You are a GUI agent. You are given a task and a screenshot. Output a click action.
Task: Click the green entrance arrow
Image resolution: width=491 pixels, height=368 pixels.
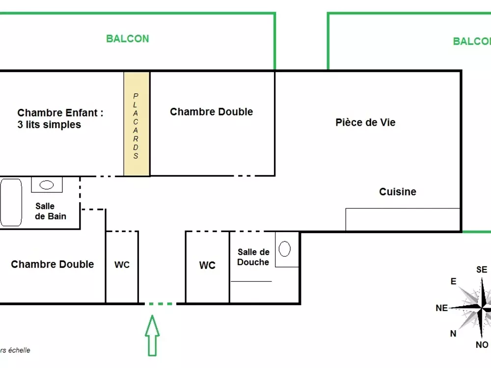point(152,335)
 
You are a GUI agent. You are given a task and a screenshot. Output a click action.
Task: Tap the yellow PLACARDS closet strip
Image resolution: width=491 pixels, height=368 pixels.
point(136,124)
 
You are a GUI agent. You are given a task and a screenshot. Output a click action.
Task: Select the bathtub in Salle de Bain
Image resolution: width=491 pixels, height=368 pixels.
point(11,202)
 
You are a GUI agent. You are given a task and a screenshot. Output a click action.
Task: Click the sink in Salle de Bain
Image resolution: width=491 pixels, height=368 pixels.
point(47,185)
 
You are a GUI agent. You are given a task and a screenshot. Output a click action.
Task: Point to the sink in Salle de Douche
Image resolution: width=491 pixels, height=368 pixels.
point(285,249)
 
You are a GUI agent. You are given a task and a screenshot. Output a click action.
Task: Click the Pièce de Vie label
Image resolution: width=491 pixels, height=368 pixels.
point(365,122)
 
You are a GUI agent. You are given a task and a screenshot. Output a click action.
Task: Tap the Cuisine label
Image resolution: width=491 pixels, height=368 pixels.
point(398,191)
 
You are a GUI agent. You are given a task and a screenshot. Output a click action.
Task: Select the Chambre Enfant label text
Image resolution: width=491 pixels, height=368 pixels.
point(60,119)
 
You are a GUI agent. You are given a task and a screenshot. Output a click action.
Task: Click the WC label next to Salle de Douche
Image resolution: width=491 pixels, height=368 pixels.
point(207,265)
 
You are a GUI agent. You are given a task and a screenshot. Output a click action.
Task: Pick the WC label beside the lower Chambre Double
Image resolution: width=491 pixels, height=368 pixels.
point(122,265)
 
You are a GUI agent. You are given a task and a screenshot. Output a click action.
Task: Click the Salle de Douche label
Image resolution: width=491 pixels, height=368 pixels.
point(253,257)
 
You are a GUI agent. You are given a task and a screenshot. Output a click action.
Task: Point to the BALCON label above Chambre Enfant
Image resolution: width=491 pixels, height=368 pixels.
point(128,39)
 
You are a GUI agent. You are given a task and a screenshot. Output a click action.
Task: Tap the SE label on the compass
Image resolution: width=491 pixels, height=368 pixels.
point(482,269)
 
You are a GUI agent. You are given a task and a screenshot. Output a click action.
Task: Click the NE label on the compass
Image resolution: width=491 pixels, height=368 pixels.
point(441,308)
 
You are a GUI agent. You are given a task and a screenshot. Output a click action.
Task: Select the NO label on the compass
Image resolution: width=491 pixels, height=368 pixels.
point(482,344)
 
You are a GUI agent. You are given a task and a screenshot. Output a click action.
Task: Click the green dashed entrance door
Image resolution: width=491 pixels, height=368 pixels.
point(161,304)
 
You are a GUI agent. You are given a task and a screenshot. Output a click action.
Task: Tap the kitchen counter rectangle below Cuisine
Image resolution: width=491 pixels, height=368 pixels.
point(403,220)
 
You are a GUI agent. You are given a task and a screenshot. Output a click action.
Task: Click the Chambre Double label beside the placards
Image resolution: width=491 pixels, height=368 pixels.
point(211,112)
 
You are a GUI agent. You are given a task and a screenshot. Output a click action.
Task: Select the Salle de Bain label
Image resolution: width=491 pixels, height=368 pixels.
point(51,211)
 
